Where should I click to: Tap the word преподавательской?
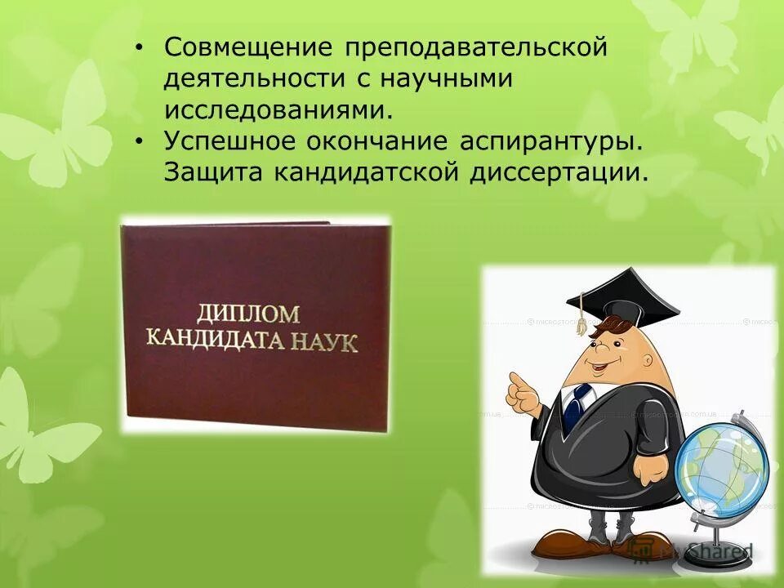click(x=476, y=47)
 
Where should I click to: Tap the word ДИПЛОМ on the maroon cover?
click(x=247, y=312)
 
